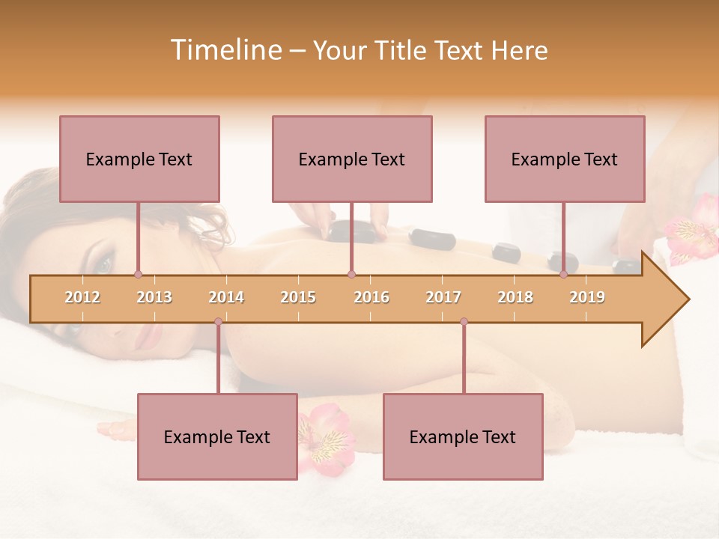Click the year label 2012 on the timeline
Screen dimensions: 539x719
click(x=82, y=297)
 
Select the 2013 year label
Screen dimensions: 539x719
click(x=154, y=297)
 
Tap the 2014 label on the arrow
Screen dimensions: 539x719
click(x=226, y=297)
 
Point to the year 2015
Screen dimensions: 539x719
click(x=298, y=297)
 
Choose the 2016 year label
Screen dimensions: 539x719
click(x=371, y=297)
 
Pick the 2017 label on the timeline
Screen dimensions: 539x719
click(x=443, y=297)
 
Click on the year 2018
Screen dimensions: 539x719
click(x=515, y=297)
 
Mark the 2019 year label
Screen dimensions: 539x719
click(x=587, y=297)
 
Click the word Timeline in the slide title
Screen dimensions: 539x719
click(x=225, y=50)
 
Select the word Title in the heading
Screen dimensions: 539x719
click(x=407, y=50)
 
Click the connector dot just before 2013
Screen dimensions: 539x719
click(x=138, y=274)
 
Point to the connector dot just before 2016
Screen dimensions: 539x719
click(x=351, y=274)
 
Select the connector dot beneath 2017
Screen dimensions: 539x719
click(x=464, y=322)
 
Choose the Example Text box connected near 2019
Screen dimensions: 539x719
click(x=565, y=159)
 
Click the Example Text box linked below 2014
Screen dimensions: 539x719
click(x=217, y=436)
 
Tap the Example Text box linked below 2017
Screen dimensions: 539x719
click(x=463, y=436)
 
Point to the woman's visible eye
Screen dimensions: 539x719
click(x=103, y=264)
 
